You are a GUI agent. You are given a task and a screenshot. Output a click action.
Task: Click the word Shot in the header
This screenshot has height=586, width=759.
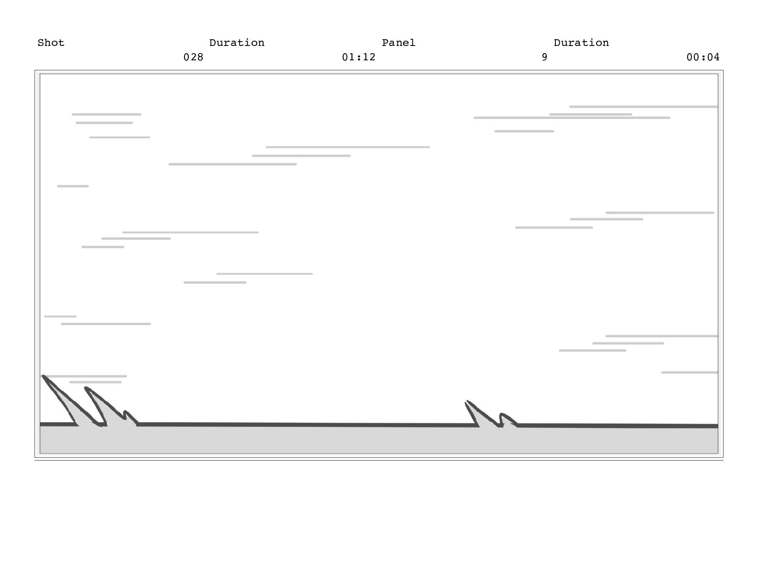(51, 43)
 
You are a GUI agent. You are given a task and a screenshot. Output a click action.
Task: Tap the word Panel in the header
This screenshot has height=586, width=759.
(398, 43)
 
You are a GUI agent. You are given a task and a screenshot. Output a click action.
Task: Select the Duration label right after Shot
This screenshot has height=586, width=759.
(237, 43)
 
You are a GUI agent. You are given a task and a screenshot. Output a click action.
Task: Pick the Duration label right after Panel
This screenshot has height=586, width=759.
(581, 43)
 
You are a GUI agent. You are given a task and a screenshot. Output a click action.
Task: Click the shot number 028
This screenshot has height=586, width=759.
(193, 57)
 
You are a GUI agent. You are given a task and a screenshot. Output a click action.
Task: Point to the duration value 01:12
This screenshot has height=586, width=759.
(358, 57)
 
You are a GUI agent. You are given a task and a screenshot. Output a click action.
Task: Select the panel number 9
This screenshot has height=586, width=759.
(544, 57)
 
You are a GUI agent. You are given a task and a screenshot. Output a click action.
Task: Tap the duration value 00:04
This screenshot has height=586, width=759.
(703, 57)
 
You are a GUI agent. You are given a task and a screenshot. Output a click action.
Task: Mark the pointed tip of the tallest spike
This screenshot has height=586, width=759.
(44, 377)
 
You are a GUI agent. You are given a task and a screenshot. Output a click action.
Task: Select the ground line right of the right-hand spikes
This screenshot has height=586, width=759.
(618, 426)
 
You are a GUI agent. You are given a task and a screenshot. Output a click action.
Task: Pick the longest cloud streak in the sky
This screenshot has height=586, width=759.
(572, 118)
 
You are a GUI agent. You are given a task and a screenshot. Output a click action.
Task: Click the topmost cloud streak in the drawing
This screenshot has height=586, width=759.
(644, 107)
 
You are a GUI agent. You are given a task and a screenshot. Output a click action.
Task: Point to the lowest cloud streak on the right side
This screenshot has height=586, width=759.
(689, 372)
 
